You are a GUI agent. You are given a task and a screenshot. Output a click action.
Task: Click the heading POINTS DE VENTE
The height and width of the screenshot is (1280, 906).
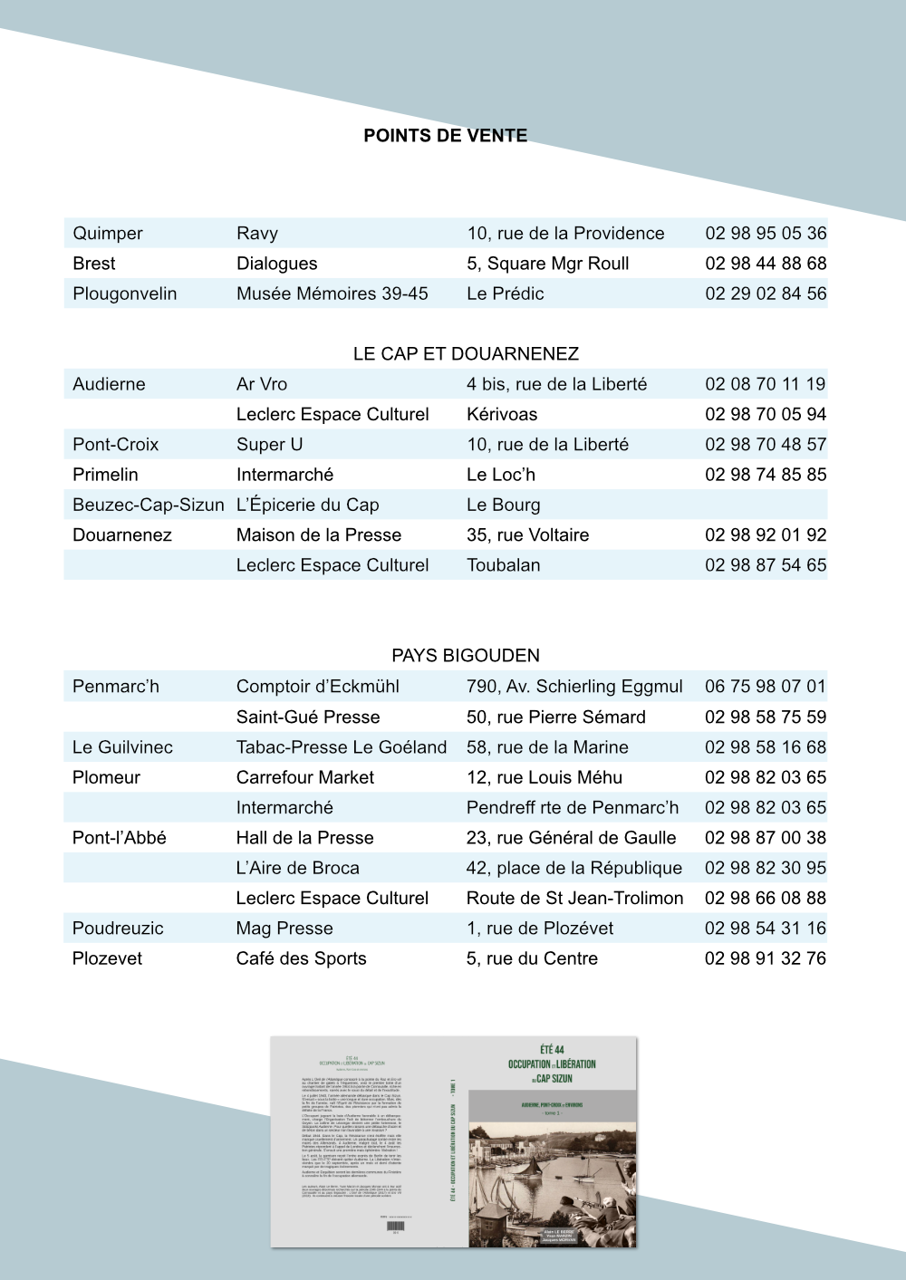pos(445,136)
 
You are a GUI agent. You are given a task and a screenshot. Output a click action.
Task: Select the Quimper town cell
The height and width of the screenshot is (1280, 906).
pos(108,234)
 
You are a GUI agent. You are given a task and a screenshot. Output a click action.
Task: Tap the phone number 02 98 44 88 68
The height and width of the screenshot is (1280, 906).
pos(766,264)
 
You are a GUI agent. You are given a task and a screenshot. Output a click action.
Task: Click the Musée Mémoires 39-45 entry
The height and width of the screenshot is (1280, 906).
pos(332,294)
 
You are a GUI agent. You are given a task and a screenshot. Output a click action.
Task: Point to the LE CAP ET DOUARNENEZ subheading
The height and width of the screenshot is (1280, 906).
pos(466,354)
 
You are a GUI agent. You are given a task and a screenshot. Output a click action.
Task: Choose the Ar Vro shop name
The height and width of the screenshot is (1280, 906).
pos(262,384)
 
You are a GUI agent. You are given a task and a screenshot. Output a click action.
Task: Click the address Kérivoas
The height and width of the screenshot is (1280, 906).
pos(502,415)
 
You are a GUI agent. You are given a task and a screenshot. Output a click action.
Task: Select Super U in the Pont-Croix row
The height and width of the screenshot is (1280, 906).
pos(269,445)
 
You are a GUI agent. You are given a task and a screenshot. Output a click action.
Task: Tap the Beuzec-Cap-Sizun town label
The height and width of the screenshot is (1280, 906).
pos(149,505)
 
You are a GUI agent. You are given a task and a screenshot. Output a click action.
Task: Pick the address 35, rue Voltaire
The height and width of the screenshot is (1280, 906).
pos(527,535)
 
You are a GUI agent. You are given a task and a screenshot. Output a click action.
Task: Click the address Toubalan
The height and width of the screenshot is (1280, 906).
pos(504,565)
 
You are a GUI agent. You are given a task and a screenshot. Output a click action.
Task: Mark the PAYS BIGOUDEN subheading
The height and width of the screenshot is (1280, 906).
pos(466,656)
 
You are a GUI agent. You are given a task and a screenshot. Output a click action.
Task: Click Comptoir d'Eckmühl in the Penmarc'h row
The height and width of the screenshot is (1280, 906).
pos(318,687)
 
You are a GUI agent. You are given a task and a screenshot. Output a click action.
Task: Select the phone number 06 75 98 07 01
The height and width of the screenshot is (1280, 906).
pos(766,687)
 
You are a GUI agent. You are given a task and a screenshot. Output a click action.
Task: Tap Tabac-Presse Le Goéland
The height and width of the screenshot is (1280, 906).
pos(342,747)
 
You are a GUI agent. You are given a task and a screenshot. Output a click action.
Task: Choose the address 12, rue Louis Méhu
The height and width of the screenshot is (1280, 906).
pos(545,777)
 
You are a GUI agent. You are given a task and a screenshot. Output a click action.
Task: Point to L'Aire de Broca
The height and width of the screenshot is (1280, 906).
pos(297,868)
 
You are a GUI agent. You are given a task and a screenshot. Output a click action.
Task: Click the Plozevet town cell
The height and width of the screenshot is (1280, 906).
pos(107,958)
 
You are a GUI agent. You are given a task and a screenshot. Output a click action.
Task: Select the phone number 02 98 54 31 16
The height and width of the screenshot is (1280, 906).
pos(766,929)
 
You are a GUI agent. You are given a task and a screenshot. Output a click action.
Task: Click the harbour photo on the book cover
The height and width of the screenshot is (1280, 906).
pos(553,1182)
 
